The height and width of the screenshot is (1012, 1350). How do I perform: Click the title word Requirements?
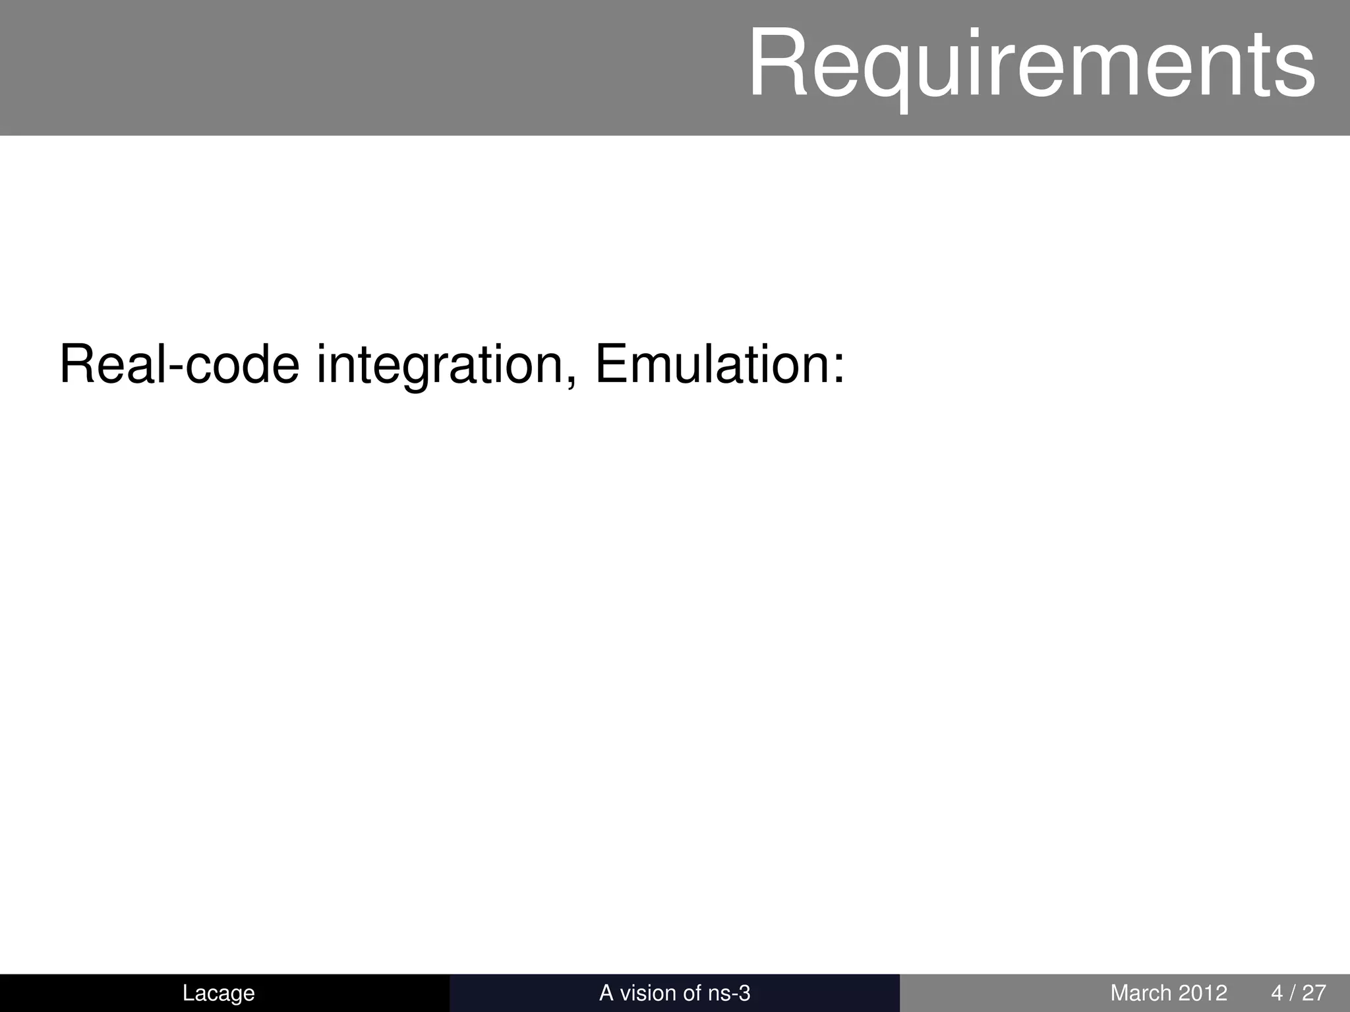click(x=1032, y=64)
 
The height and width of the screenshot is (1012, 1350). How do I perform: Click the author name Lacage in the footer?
click(x=218, y=992)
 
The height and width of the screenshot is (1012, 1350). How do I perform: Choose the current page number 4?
click(x=1277, y=992)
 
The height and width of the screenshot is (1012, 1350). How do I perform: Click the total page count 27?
click(x=1314, y=992)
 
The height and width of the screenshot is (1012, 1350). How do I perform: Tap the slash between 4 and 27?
click(x=1293, y=992)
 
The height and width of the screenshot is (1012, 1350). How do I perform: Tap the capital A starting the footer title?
click(x=606, y=992)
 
